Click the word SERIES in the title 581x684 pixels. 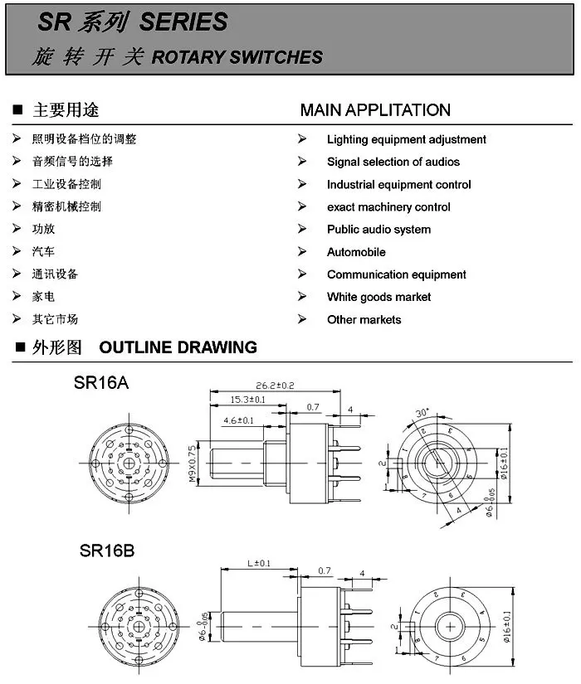[x=183, y=22]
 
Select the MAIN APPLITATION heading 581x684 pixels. [x=375, y=110]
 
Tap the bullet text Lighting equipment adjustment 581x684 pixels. [x=406, y=139]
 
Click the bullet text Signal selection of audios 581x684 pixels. [x=393, y=162]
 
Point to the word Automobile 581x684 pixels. [x=356, y=252]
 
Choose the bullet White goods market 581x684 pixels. [x=378, y=297]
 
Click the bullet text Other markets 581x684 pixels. [x=364, y=319]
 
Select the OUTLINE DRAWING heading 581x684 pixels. [x=178, y=347]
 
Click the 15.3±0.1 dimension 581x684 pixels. [x=248, y=400]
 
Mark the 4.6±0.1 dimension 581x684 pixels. [x=238, y=420]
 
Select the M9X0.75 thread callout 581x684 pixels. [x=192, y=465]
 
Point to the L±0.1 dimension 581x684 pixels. [x=259, y=564]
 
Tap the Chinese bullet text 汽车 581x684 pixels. [x=43, y=252]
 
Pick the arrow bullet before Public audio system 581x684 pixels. [x=303, y=229]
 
